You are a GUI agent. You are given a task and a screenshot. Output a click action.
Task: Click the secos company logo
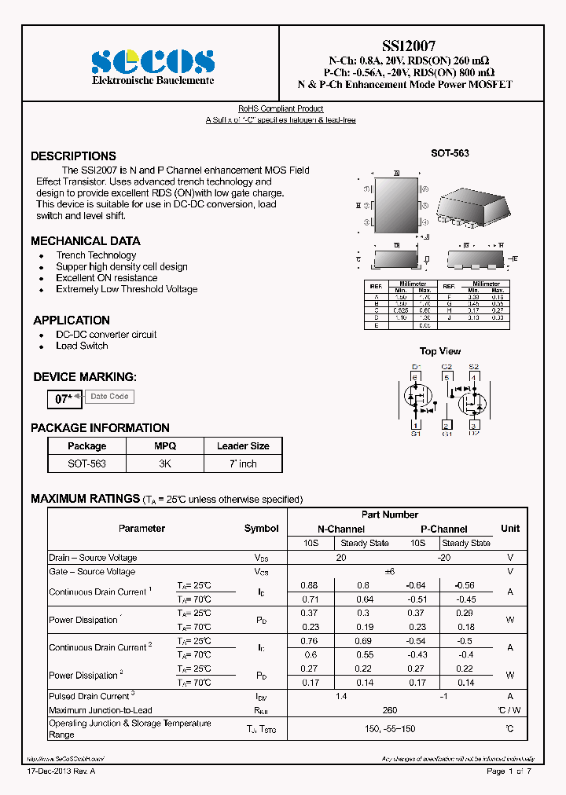(x=152, y=61)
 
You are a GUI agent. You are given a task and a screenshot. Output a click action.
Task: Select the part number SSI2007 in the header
(x=404, y=46)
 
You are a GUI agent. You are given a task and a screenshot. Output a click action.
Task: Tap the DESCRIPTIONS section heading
(x=73, y=156)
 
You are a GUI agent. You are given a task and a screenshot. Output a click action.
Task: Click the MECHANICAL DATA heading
(x=86, y=241)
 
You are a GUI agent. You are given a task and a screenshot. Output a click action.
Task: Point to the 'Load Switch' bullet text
(x=82, y=346)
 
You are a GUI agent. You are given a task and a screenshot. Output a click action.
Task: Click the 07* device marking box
(x=64, y=398)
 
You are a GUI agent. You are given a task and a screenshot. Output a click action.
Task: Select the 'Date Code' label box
(x=109, y=397)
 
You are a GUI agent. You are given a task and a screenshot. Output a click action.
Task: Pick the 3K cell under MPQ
(x=165, y=463)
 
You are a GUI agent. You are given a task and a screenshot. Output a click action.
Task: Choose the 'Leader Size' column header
(x=243, y=446)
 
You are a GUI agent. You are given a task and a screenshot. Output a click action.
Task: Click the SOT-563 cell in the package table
(x=86, y=463)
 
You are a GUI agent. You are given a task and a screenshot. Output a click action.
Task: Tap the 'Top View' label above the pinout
(x=440, y=351)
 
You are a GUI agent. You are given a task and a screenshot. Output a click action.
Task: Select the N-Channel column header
(x=340, y=529)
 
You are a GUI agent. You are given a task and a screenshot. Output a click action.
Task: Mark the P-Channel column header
(x=443, y=529)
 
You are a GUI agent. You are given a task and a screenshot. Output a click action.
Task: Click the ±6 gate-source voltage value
(x=390, y=572)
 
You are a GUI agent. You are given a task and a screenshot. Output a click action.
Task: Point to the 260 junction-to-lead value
(x=390, y=710)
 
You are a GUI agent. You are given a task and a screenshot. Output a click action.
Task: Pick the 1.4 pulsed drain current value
(x=340, y=696)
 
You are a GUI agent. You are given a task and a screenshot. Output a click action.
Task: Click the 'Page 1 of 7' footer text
(x=509, y=771)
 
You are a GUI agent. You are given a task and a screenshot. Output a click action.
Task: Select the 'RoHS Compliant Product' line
(x=281, y=108)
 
